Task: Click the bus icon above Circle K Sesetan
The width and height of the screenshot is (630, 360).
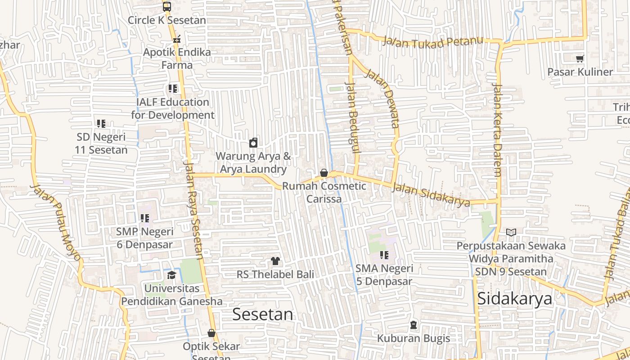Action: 167,7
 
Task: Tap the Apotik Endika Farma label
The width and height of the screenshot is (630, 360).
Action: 177,58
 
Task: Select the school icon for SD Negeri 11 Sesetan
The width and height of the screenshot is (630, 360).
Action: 101,123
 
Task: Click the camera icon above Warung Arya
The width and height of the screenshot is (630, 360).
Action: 253,143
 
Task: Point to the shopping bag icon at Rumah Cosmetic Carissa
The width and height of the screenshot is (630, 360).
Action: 324,173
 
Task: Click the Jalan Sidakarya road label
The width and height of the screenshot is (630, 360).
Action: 431,194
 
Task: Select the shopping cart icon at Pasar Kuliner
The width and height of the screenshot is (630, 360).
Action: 580,58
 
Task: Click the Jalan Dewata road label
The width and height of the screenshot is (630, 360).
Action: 382,98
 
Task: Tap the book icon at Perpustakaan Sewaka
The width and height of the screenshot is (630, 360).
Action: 511,232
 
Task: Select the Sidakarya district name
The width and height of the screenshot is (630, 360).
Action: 514,299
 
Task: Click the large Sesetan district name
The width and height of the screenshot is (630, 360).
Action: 262,314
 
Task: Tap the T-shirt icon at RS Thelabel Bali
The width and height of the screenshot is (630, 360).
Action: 275,261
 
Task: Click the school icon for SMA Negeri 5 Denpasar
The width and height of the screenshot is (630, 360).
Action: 384,255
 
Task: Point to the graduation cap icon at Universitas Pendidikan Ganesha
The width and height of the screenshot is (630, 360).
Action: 171,275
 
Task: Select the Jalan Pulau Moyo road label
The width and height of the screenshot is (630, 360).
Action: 56,223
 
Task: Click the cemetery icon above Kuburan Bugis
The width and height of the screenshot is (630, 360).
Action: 413,324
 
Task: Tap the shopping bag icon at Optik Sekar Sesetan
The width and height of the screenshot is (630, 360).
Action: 211,333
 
